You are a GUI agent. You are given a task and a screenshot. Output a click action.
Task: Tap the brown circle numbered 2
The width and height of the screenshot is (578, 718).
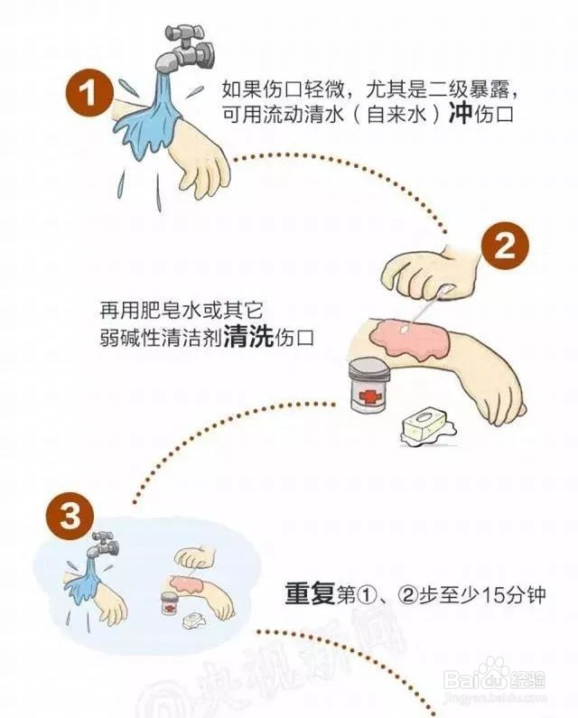tap(505, 247)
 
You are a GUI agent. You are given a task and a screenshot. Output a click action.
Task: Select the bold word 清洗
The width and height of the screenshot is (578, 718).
tap(249, 338)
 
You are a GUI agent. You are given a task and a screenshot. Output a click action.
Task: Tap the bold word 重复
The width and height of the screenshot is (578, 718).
tap(310, 594)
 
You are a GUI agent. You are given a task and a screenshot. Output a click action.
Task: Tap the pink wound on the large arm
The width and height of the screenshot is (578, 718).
tap(407, 337)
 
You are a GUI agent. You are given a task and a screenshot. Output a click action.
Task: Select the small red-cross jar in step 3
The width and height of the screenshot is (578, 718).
tap(170, 603)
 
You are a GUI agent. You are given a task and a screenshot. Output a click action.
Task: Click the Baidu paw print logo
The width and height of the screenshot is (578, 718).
tap(493, 673)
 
